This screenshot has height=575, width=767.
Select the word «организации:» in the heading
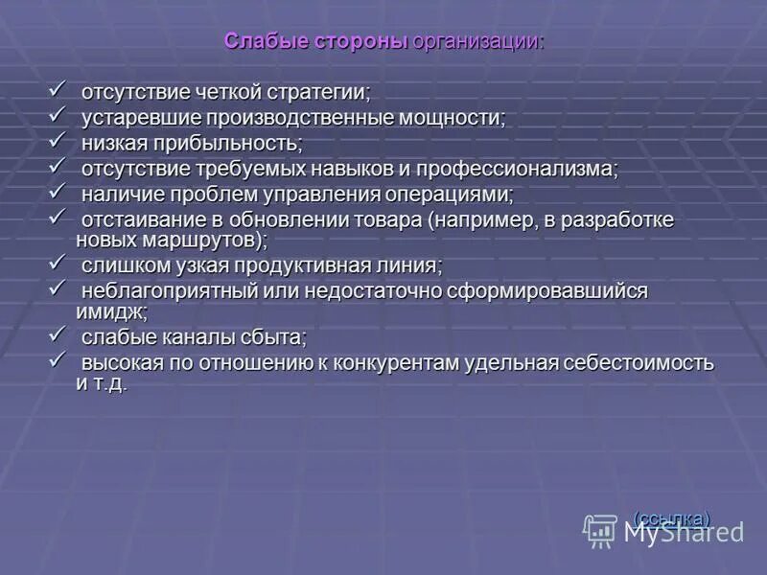pos(478,42)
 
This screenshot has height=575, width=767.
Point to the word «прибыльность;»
pos(240,144)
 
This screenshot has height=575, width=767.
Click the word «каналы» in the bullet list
pos(193,337)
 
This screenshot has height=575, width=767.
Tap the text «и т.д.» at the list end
pos(101,384)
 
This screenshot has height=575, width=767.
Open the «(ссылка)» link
pos(672,517)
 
